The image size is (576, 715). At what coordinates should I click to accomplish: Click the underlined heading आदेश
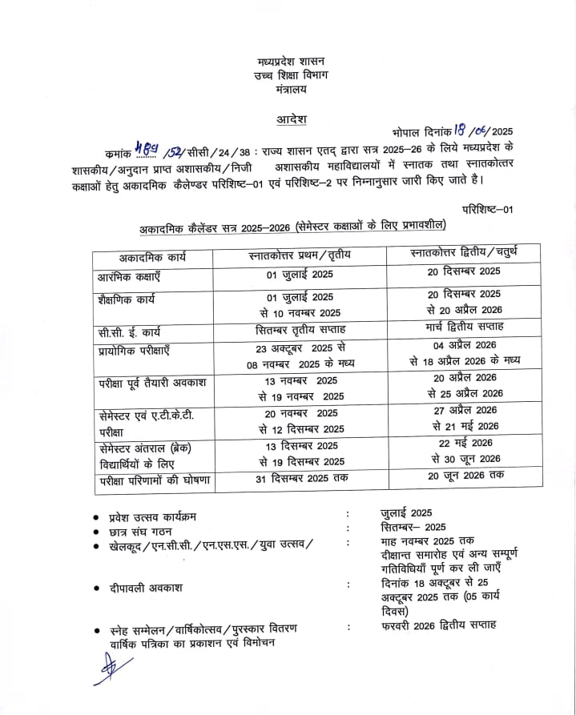pos(292,119)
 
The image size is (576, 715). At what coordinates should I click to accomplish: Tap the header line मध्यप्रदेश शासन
pos(291,61)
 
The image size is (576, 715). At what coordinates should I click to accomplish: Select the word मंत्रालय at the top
pos(290,89)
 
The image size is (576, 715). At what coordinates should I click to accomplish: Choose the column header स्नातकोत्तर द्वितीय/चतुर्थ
pos(464,255)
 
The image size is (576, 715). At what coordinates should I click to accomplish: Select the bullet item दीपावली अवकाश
pos(147,588)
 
